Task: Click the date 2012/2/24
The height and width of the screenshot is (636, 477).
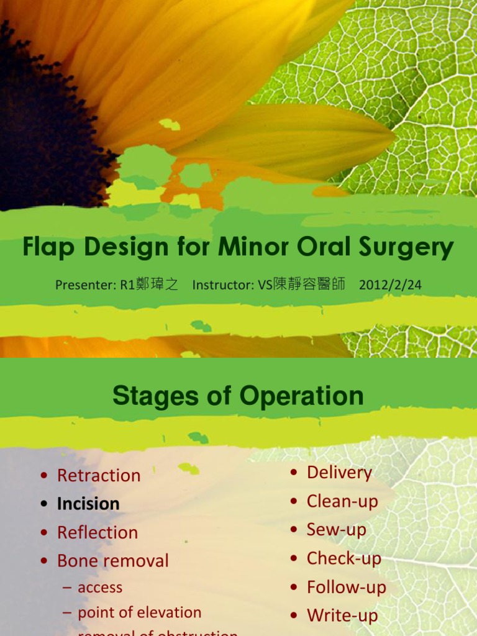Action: click(390, 285)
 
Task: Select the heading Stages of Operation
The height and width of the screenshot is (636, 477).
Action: click(238, 396)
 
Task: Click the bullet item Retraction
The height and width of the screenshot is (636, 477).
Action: click(98, 476)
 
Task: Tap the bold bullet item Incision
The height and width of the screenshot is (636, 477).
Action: click(88, 504)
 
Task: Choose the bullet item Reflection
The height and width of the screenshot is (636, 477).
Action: click(98, 533)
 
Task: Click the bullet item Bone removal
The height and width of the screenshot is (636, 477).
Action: click(112, 561)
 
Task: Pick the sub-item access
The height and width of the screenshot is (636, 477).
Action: click(99, 588)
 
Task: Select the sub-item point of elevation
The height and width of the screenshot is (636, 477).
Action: click(139, 612)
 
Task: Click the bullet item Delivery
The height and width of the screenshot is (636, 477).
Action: click(339, 473)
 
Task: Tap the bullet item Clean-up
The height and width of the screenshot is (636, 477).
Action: click(342, 501)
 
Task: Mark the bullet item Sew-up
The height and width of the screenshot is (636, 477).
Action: click(336, 530)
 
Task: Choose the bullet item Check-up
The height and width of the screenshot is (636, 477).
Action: click(343, 558)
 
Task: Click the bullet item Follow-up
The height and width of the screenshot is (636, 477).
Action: click(346, 587)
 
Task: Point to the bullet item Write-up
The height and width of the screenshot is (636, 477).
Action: click(342, 616)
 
